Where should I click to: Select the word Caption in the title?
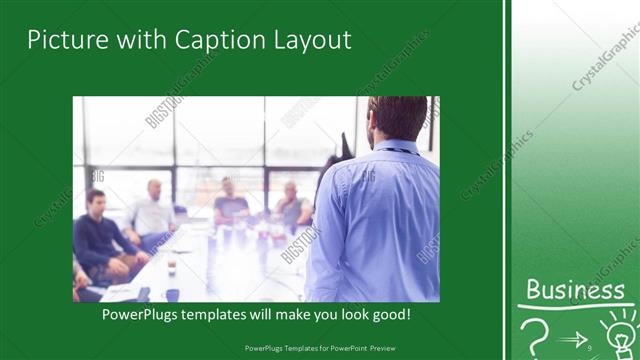pyautogui.click(x=217, y=40)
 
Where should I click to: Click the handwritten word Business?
pyautogui.click(x=574, y=290)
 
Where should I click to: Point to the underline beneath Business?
pyautogui.click(x=574, y=305)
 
